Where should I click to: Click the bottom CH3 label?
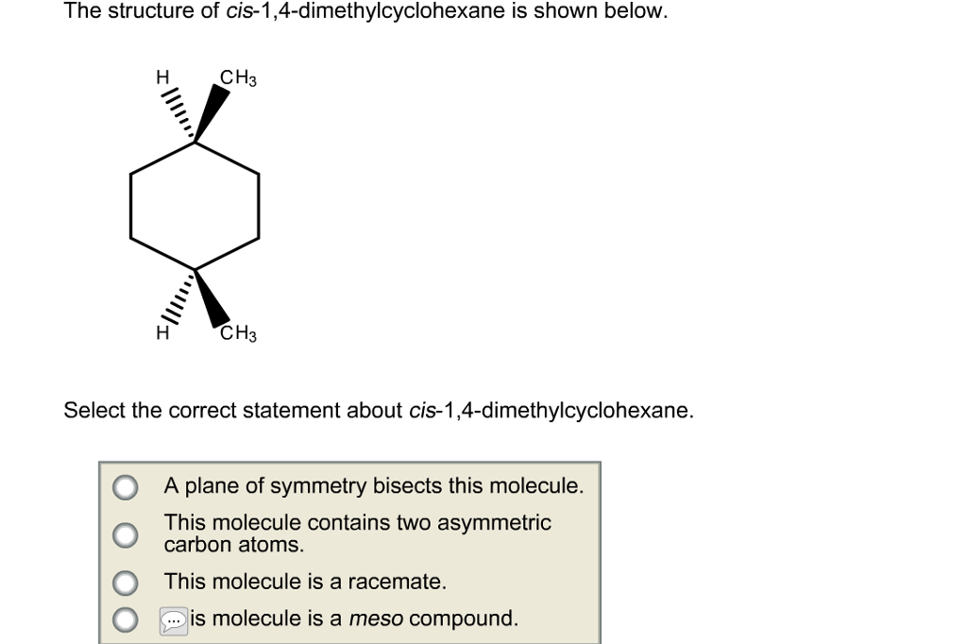pyautogui.click(x=238, y=333)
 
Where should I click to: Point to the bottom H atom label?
pyautogui.click(x=161, y=332)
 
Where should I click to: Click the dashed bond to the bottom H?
pyautogui.click(x=178, y=297)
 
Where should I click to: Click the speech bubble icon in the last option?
pyautogui.click(x=174, y=620)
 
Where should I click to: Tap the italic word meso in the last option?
pyautogui.click(x=375, y=619)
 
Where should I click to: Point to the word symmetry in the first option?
pyautogui.click(x=320, y=487)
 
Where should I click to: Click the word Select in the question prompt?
pyautogui.click(x=93, y=412)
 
